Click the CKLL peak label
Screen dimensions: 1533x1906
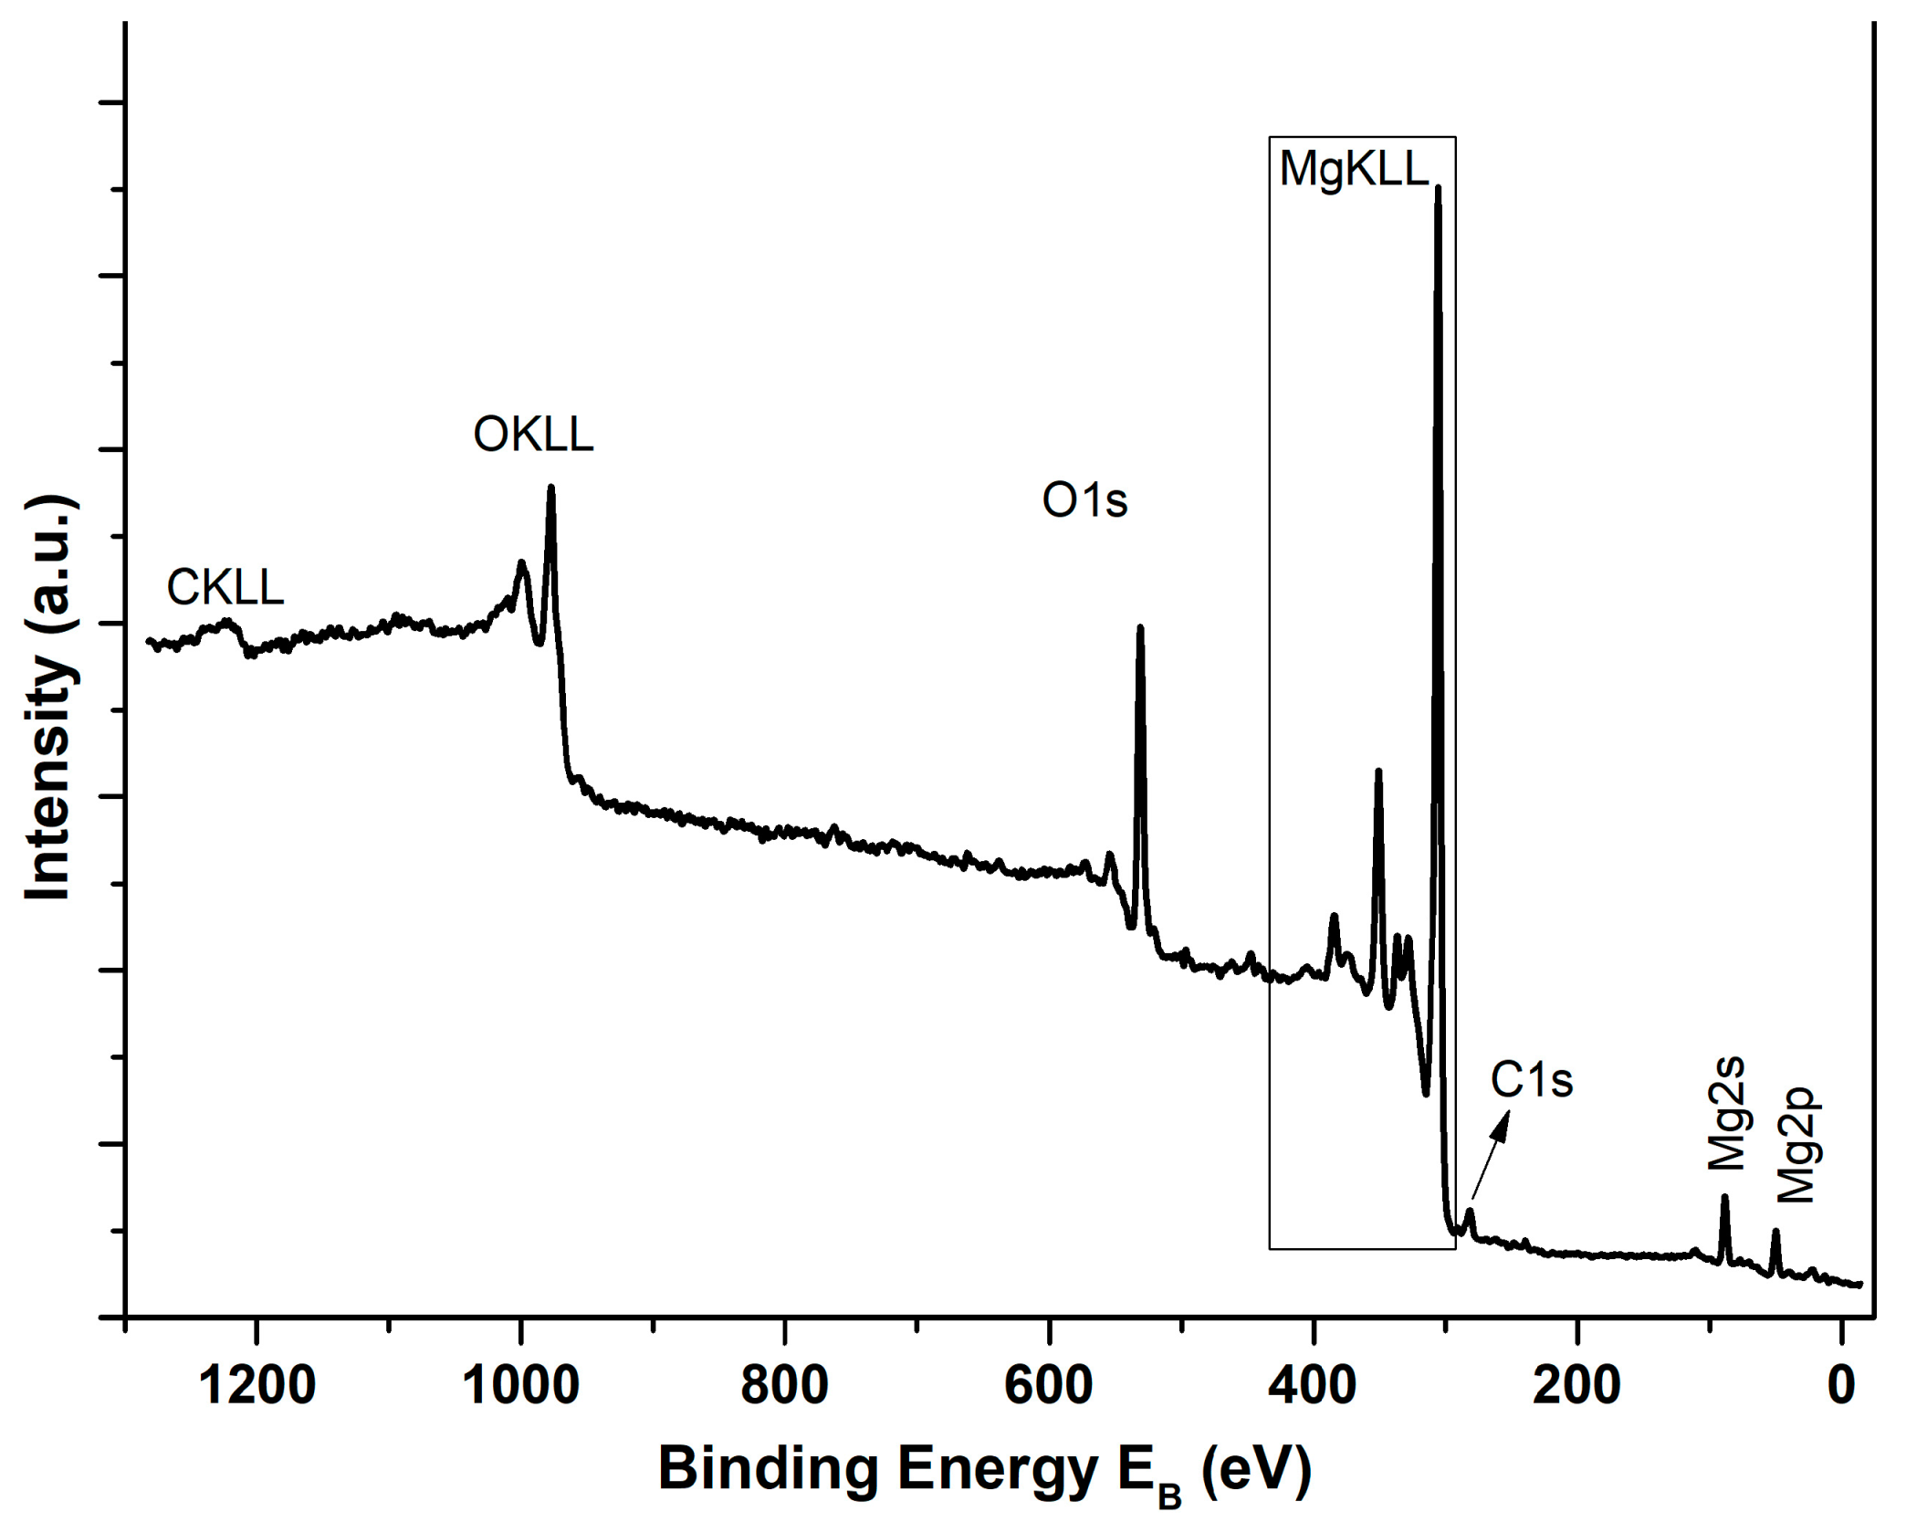[225, 587]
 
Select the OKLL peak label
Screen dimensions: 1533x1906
[533, 434]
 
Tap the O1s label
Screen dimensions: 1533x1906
[1084, 500]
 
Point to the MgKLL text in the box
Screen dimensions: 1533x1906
[1354, 169]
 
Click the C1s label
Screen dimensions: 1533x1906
[1532, 1080]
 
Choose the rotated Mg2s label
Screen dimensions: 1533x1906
[1725, 1114]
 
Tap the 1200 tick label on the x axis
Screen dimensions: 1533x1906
[257, 1386]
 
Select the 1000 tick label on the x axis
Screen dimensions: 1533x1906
[520, 1386]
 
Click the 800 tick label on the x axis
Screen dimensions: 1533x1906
[784, 1386]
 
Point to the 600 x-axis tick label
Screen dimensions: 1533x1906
[1048, 1386]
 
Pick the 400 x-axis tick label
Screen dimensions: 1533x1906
[1313, 1386]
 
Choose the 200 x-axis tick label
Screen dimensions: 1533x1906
[1576, 1386]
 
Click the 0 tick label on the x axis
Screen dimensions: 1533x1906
[1841, 1386]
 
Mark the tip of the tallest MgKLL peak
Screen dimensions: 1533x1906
[1439, 188]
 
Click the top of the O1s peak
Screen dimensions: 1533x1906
[1139, 628]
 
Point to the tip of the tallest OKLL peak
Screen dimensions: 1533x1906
[550, 488]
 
